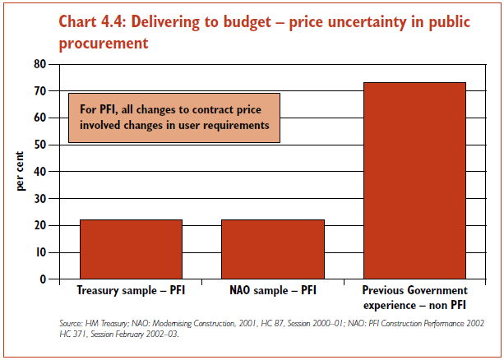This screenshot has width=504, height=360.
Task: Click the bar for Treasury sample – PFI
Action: click(131, 249)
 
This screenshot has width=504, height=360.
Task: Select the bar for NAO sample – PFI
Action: click(273, 249)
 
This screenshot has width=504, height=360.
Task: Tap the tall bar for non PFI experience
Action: click(414, 181)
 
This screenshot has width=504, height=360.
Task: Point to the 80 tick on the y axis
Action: click(40, 64)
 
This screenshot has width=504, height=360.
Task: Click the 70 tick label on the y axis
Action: click(40, 90)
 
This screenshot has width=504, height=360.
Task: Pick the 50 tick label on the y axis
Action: click(40, 145)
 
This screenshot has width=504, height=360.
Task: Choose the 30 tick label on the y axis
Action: click(40, 198)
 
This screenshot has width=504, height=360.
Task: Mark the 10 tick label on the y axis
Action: click(40, 252)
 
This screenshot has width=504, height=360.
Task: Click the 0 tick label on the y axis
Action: click(43, 279)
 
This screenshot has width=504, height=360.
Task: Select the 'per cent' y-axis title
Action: click(21, 171)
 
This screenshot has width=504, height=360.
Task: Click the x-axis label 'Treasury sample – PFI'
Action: click(130, 291)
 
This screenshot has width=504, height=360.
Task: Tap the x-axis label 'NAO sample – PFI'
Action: click(273, 291)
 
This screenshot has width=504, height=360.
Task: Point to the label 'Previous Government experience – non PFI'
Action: click(414, 297)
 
